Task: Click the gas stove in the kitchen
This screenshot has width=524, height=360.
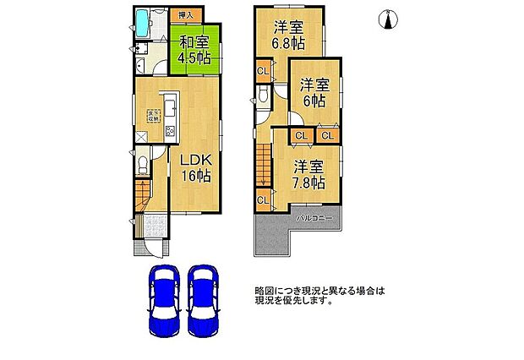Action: click(170, 130)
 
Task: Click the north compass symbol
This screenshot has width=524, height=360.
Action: click(389, 19)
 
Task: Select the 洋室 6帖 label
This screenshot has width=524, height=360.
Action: click(315, 92)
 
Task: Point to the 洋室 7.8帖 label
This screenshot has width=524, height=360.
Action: click(306, 173)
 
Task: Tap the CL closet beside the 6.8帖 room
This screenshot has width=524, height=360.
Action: click(262, 71)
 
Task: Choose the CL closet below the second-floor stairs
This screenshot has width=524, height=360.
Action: click(262, 200)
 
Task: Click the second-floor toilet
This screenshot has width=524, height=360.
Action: click(264, 96)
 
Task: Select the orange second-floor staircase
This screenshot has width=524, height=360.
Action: click(263, 165)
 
